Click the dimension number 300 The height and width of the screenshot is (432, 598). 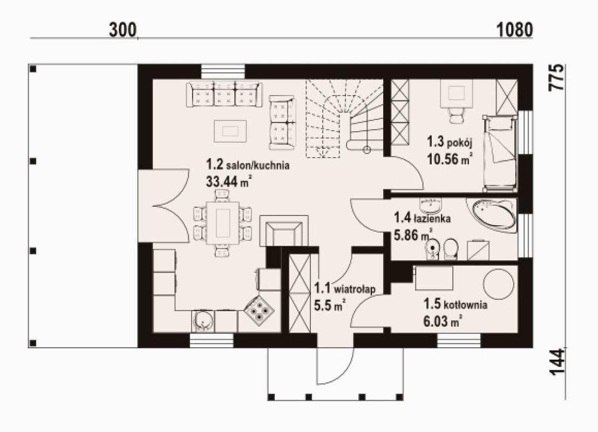(123, 30)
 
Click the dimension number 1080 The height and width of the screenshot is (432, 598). (514, 30)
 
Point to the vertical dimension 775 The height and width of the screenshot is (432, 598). (556, 77)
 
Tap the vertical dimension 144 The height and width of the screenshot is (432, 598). (556, 362)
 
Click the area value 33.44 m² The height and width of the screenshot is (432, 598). (229, 181)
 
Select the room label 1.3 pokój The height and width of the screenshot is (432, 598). (450, 143)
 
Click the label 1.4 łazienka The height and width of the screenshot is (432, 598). (422, 218)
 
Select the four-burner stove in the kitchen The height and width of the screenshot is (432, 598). (259, 310)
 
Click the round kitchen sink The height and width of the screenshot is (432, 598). (202, 321)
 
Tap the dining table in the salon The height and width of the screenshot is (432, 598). (223, 223)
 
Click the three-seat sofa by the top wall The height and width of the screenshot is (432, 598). (225, 94)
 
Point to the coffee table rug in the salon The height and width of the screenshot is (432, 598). (230, 131)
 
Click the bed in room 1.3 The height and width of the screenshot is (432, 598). (500, 153)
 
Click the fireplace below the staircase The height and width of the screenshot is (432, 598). (284, 231)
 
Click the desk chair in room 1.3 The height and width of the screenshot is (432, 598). (456, 114)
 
